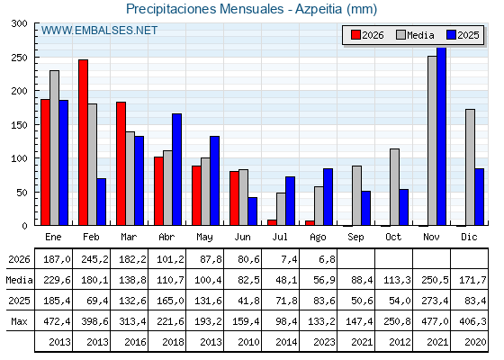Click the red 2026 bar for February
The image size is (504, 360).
pos(83,142)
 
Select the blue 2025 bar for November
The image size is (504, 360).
pos(441,136)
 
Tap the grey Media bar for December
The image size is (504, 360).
pos(470,167)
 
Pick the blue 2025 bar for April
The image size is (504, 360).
pos(176,169)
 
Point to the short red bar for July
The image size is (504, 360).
pos(272,222)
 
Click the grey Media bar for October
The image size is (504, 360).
pos(394,187)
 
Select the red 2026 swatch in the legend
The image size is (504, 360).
pos(355,35)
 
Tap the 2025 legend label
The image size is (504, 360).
pos(468,35)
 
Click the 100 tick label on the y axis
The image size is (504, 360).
pos(20,158)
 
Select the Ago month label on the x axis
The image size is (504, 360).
pos(318,238)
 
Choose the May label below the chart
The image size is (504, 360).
pos(204,238)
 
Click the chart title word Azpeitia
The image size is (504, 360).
pos(319,9)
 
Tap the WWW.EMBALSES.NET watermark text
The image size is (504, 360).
pos(99,31)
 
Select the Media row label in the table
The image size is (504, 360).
pos(19,280)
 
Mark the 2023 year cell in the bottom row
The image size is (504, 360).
pos(324,342)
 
